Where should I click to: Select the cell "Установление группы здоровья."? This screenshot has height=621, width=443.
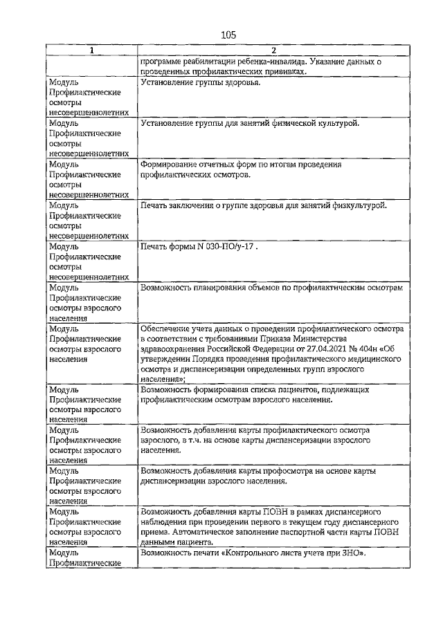pos(200,83)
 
